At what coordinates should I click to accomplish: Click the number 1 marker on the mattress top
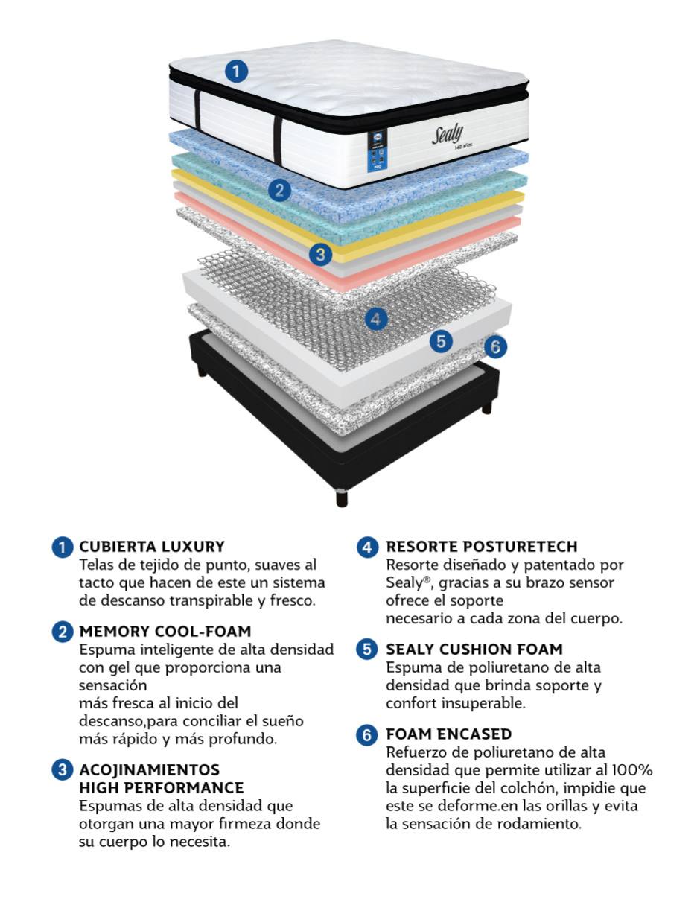coord(236,72)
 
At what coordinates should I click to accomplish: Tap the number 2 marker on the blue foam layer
coord(279,191)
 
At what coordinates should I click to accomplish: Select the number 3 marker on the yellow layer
coord(320,254)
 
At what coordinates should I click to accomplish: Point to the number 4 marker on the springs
coord(376,320)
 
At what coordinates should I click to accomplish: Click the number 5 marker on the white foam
coord(441,341)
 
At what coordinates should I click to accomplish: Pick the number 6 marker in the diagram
coord(495,346)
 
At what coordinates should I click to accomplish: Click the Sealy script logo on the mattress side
coord(448,135)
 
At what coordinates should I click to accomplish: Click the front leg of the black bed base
coord(342,498)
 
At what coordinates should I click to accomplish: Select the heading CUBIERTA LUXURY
coord(152,547)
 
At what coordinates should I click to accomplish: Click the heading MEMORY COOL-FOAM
coord(165,632)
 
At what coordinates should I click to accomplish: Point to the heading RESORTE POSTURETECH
coord(482,547)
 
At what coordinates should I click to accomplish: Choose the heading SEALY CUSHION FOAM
coord(474,649)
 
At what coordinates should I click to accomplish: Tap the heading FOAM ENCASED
coord(448,734)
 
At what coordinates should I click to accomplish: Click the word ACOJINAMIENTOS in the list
coord(150,769)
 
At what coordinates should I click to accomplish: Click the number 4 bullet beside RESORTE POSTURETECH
coord(367,547)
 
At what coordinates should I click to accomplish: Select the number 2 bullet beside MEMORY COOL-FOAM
coord(63,632)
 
